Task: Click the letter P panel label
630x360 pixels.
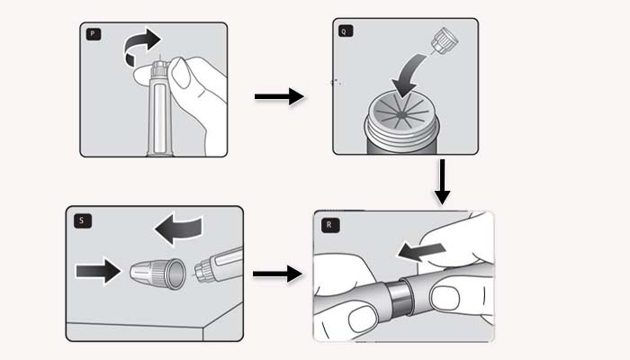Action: (x=93, y=35)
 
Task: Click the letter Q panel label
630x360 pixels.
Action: (x=345, y=30)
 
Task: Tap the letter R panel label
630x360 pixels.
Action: (x=326, y=224)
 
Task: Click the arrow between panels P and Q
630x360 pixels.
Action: (x=278, y=95)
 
